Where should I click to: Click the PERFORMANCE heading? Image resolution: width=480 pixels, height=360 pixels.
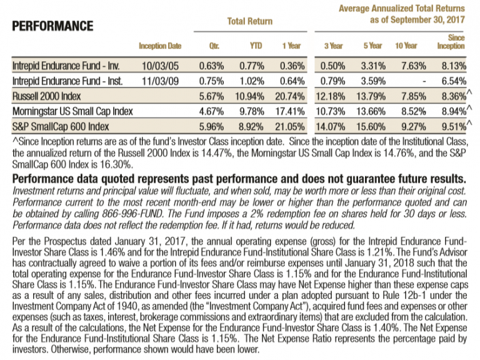(x=52, y=26)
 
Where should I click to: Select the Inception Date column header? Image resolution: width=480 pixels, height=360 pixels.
(x=160, y=46)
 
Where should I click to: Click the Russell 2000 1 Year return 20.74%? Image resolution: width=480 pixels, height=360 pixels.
(x=291, y=97)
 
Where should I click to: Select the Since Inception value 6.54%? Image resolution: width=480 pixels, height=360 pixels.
(x=451, y=81)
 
